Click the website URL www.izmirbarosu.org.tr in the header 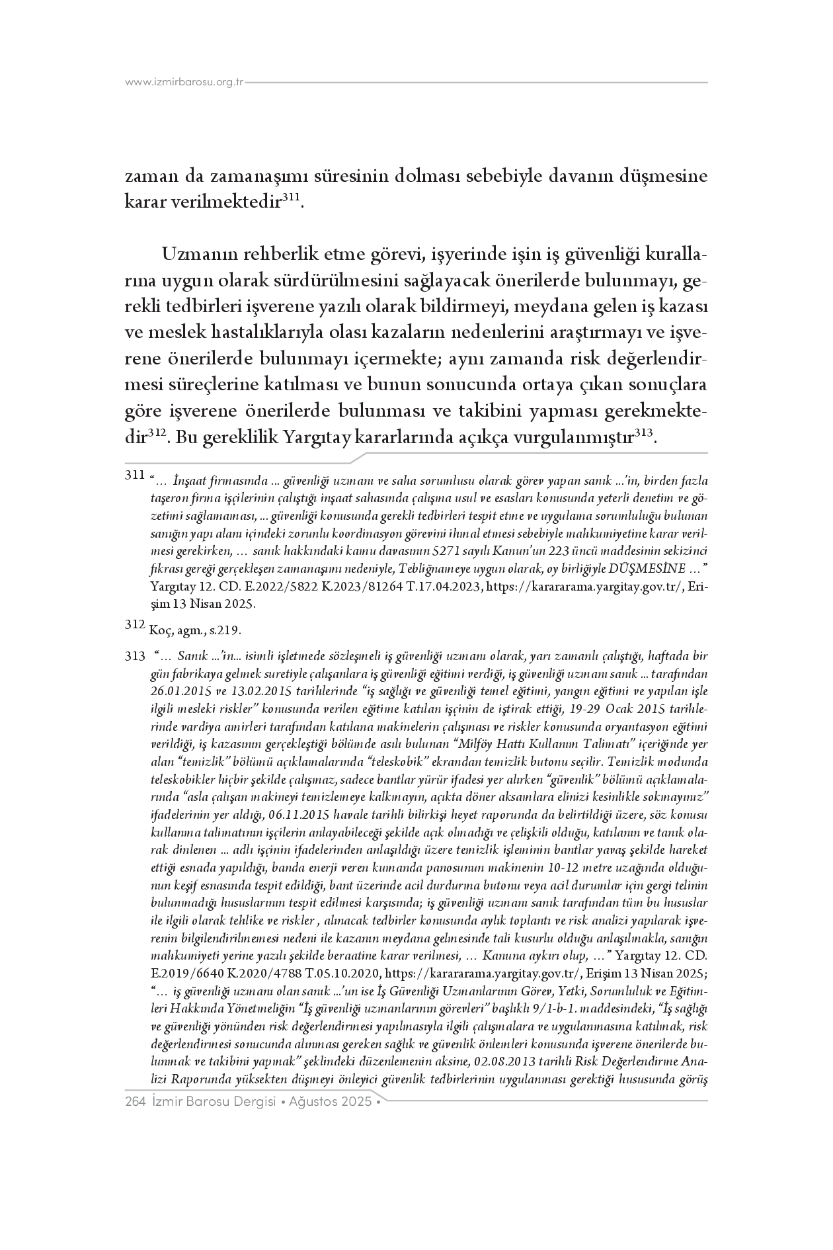coord(184,83)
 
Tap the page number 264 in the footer coord(135,1103)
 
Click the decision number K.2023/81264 coord(346,587)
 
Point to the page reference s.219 coord(225,630)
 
